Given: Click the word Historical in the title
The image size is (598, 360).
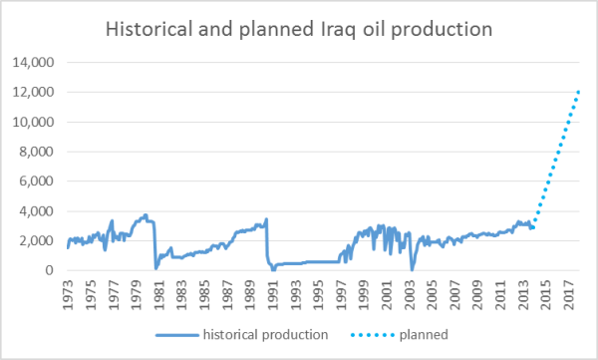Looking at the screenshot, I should [x=149, y=30].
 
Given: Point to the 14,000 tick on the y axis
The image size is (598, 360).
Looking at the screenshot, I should [x=33, y=63].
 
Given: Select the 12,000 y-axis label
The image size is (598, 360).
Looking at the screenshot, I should [x=33, y=93].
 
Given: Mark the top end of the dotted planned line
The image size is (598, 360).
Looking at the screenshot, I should [x=581, y=91].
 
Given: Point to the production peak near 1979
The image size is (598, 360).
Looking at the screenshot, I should [x=146, y=214].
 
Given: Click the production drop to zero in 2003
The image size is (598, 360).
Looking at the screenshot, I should [x=412, y=269].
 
